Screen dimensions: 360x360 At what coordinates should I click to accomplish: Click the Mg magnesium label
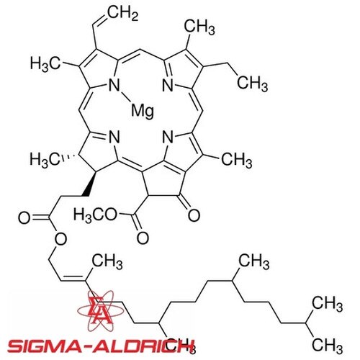(x=143, y=112)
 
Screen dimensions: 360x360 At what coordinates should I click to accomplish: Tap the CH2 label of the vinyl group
(x=123, y=12)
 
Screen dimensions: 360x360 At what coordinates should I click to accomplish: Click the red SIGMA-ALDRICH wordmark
(x=100, y=347)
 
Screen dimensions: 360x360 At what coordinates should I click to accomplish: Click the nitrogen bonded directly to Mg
(x=114, y=85)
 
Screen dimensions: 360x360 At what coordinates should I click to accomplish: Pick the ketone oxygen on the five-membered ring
(x=194, y=215)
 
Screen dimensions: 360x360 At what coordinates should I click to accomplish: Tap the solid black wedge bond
(x=89, y=183)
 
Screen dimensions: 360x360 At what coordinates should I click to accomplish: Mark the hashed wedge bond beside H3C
(x=69, y=158)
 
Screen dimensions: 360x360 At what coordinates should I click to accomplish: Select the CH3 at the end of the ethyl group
(x=252, y=84)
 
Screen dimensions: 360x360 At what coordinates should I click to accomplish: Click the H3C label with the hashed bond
(x=45, y=159)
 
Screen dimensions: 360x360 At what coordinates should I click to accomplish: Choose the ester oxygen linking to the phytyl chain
(x=60, y=239)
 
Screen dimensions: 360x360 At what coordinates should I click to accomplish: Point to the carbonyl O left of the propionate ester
(x=24, y=218)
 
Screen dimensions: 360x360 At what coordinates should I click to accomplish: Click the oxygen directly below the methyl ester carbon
(x=143, y=238)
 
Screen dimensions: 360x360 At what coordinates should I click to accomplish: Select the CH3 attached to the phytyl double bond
(x=107, y=261)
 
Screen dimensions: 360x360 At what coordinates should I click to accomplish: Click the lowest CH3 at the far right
(x=328, y=346)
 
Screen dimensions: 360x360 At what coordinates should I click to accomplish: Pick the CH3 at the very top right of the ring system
(x=199, y=27)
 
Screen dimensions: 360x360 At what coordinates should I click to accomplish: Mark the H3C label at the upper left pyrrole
(x=45, y=64)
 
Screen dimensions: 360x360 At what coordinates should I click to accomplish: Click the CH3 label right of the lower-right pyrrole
(x=237, y=160)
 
